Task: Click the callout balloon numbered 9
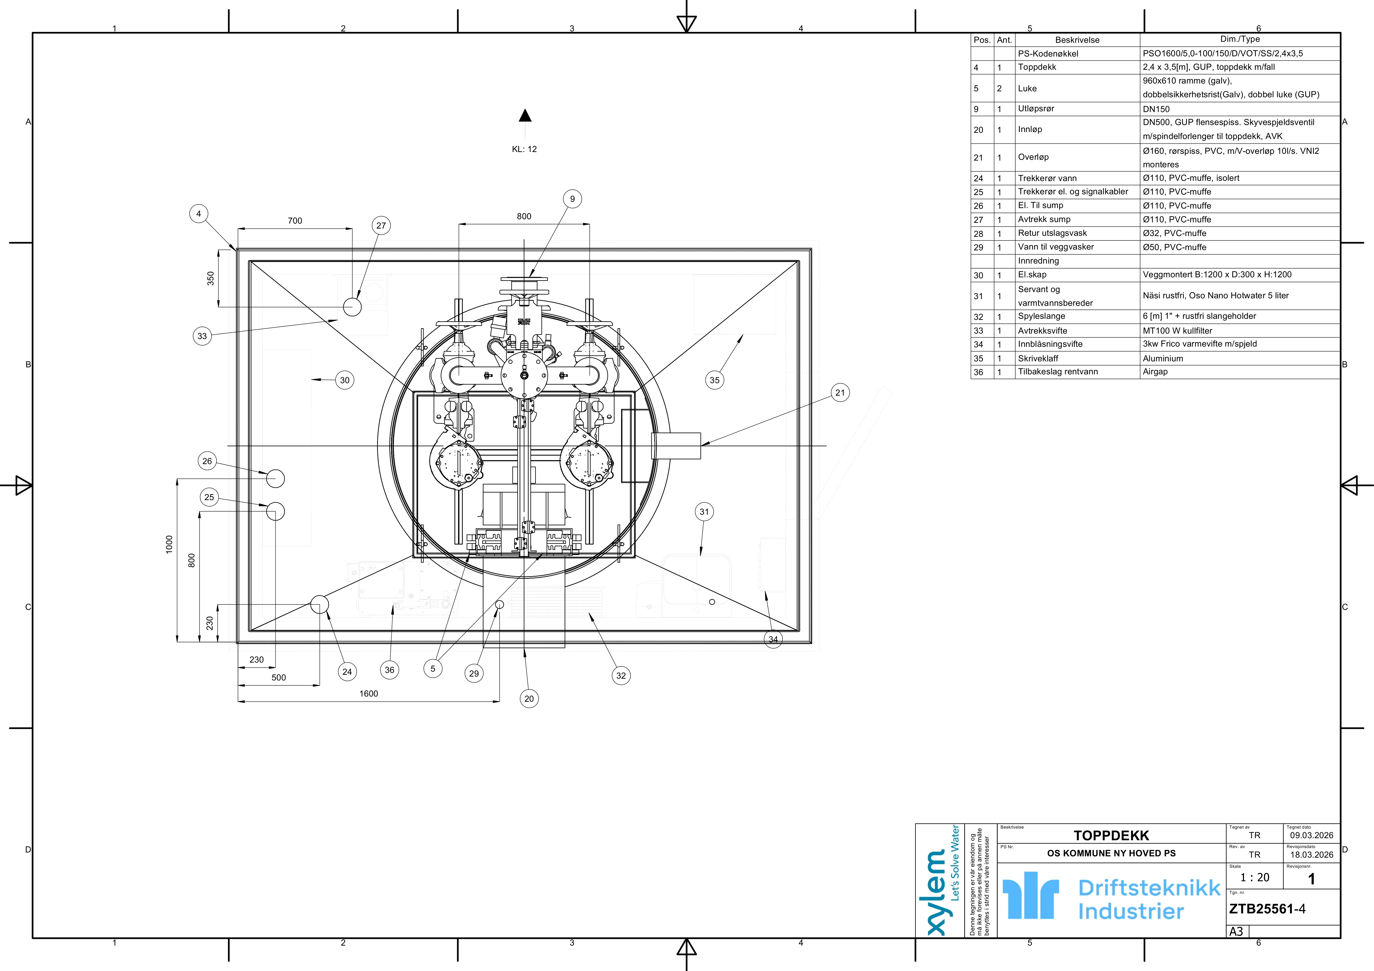(x=572, y=199)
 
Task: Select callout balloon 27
(x=381, y=225)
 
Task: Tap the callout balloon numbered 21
(x=840, y=392)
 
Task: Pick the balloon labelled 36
(x=390, y=670)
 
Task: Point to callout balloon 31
(x=704, y=512)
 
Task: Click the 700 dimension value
(x=295, y=221)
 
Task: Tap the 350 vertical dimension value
(x=211, y=278)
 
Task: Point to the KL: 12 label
(x=524, y=149)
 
